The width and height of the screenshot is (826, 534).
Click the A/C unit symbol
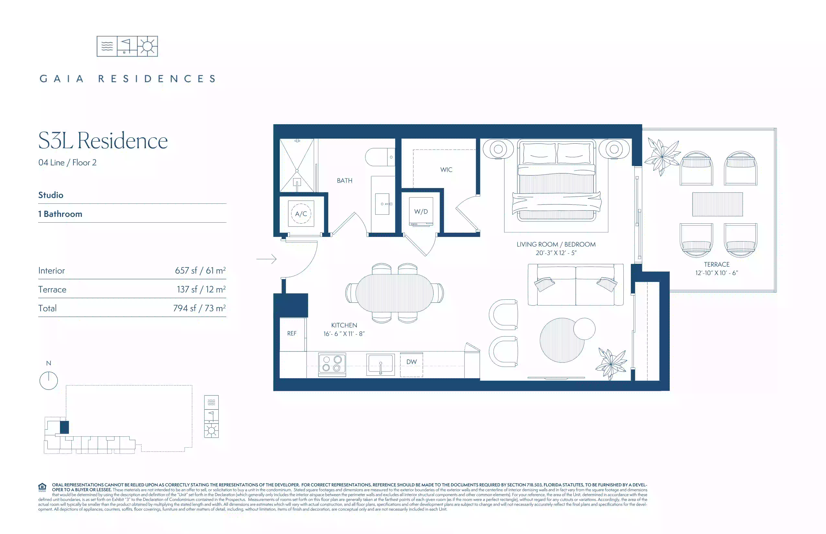click(301, 214)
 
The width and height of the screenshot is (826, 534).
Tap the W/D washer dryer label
click(421, 211)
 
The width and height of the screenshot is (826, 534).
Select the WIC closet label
click(446, 170)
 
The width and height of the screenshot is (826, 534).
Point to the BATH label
click(345, 181)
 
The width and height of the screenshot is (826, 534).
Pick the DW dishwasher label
click(412, 362)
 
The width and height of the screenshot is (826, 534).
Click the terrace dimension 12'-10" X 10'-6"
click(717, 273)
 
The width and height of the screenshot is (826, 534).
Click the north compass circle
click(49, 381)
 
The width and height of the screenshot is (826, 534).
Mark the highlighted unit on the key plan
click(65, 427)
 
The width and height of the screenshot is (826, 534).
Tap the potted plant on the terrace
click(662, 157)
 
